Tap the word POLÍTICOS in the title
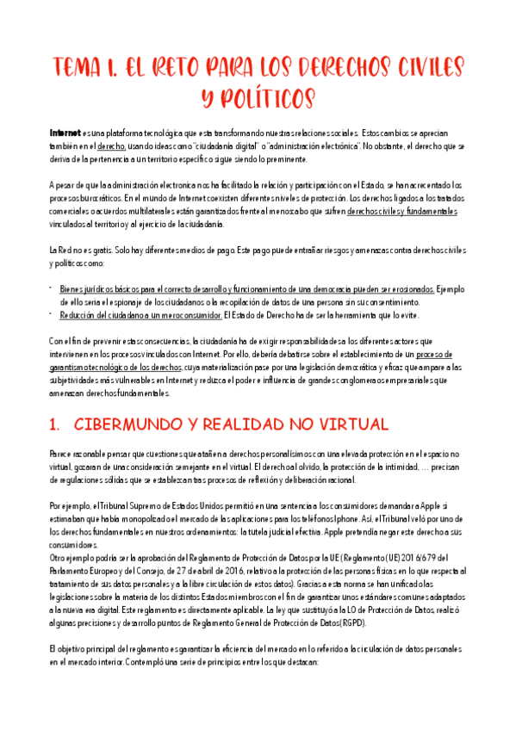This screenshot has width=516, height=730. pos(258,98)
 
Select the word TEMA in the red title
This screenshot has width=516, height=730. pos(81,67)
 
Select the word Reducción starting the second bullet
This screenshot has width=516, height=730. pos(79,315)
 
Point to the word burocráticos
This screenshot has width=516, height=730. pos(80,199)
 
